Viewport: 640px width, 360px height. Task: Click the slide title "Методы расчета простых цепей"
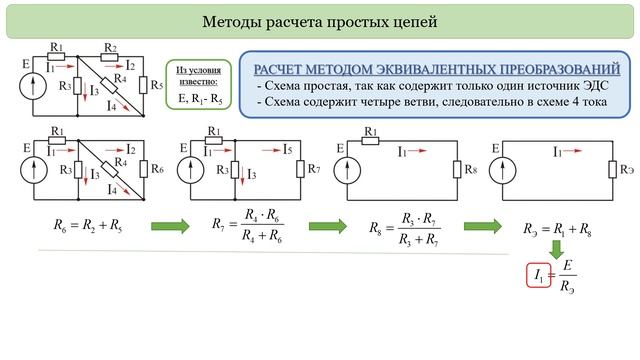point(319,21)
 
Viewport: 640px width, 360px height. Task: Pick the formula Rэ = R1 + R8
point(557,229)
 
